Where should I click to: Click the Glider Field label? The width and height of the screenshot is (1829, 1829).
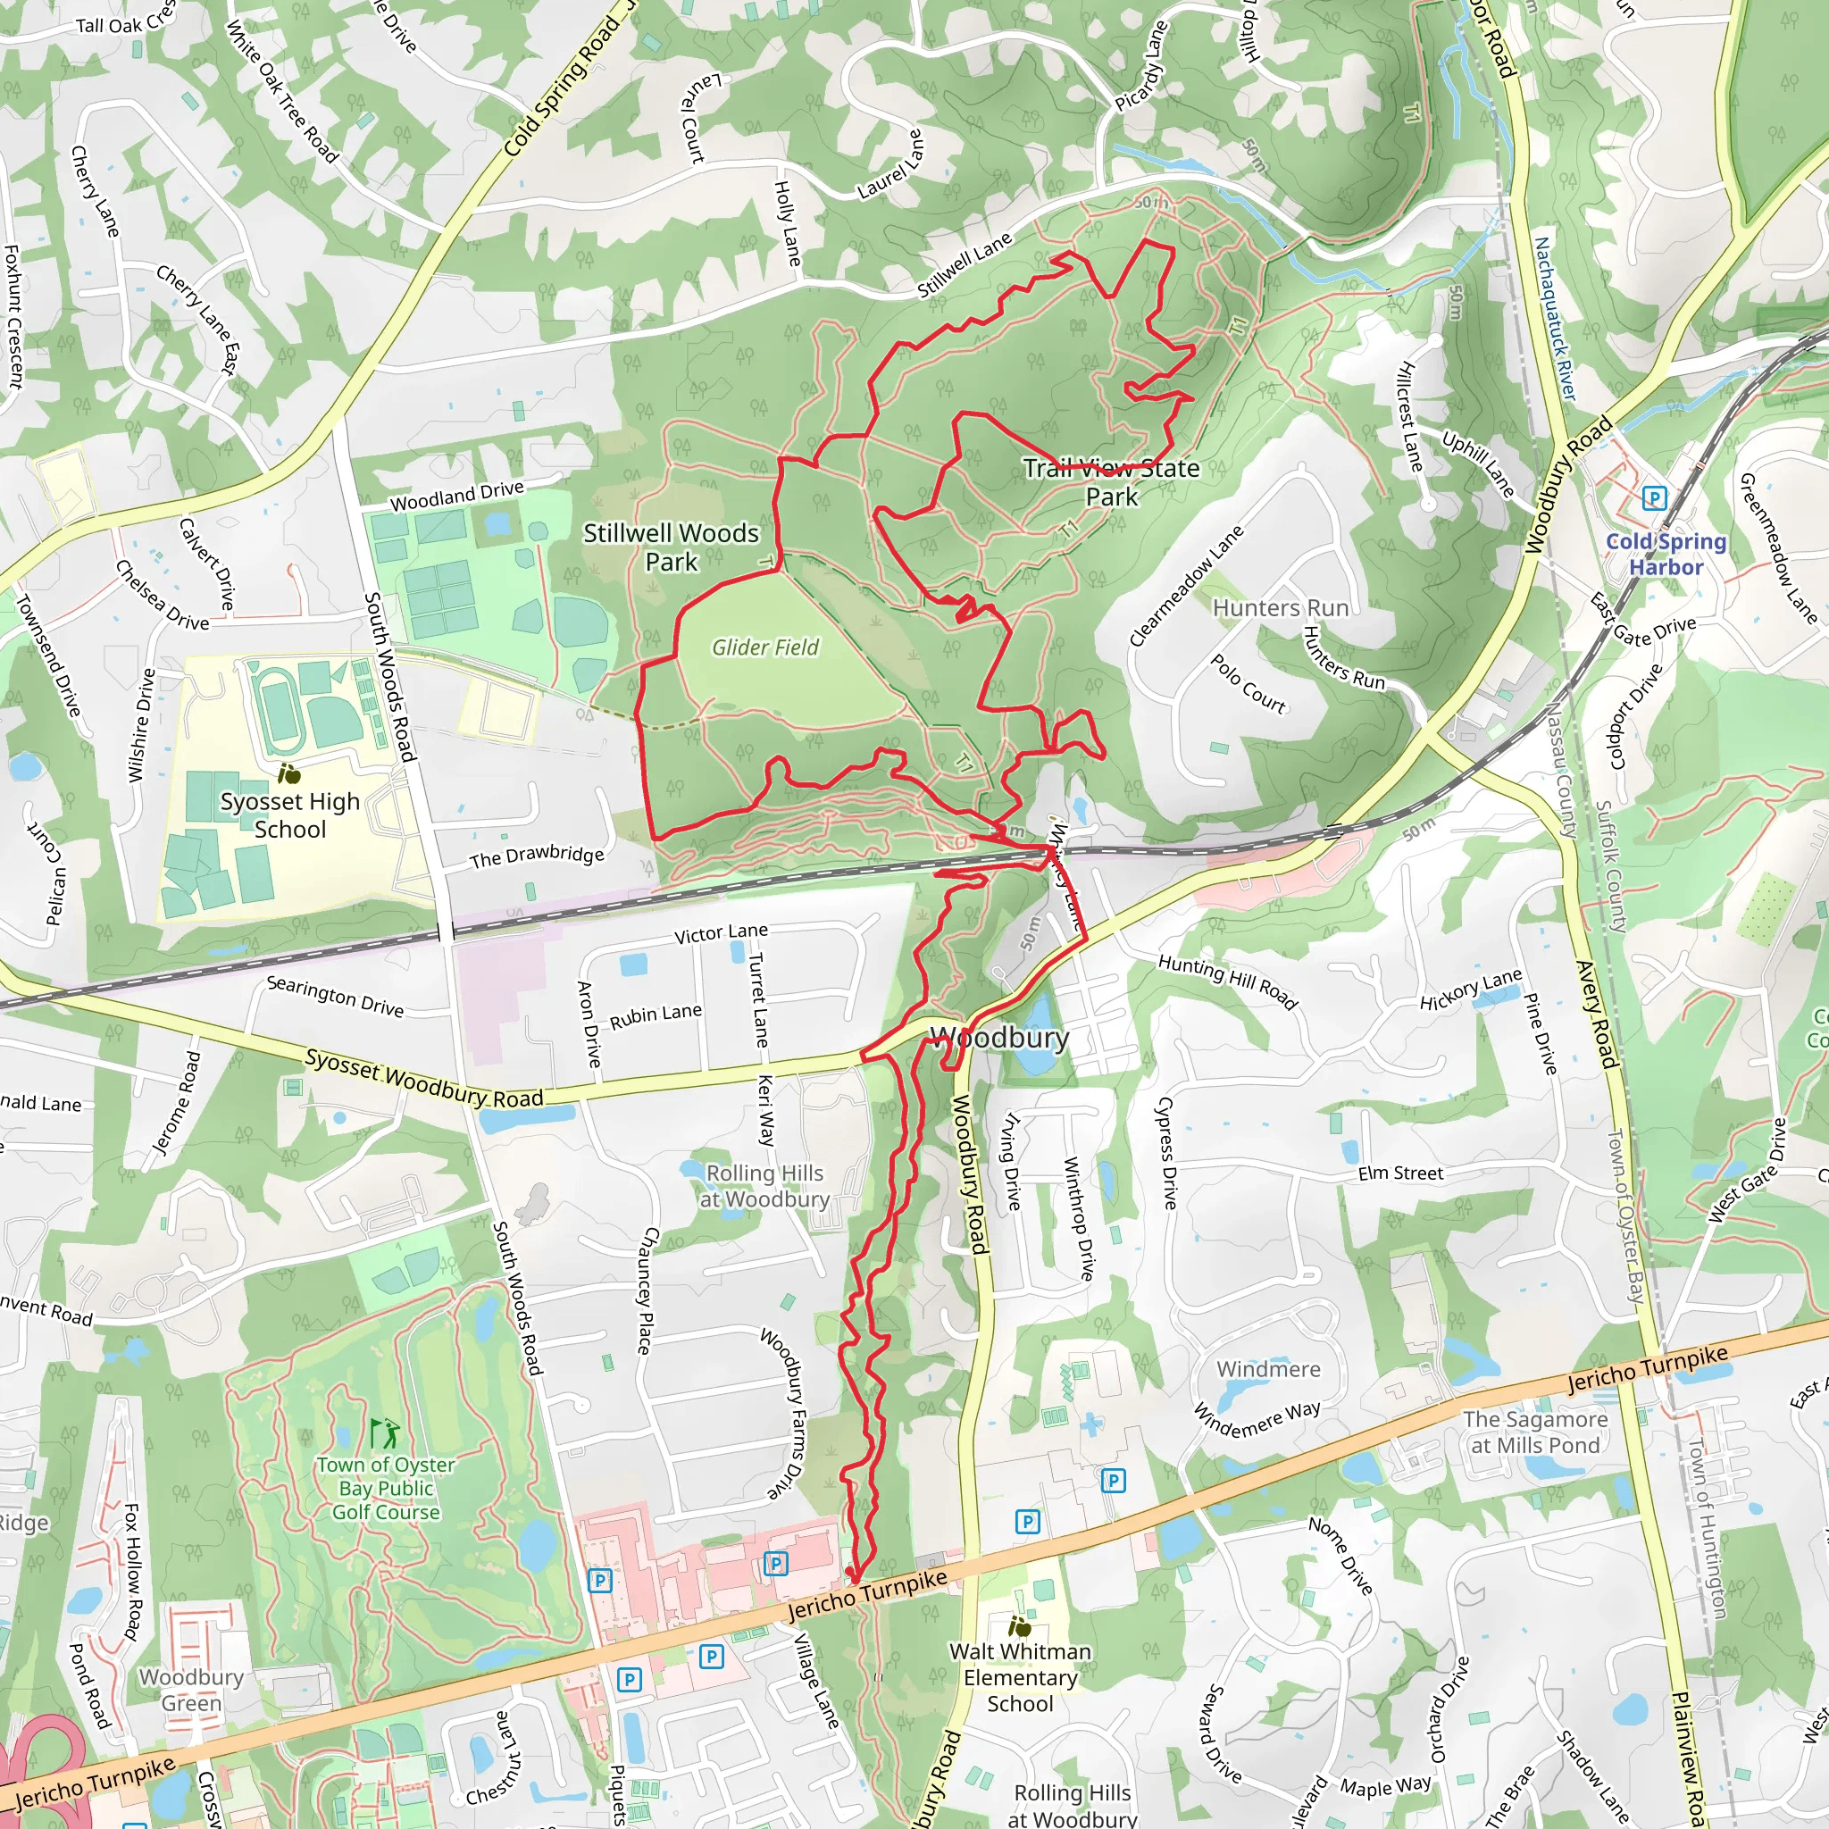(765, 647)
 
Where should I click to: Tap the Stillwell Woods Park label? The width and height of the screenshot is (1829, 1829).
(671, 547)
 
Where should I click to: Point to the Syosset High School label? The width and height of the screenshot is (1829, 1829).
(289, 815)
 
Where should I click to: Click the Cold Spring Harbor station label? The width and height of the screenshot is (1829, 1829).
(1666, 555)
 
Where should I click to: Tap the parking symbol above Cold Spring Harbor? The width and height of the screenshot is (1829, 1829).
(1654, 498)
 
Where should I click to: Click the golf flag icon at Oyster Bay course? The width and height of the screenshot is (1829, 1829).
(385, 1433)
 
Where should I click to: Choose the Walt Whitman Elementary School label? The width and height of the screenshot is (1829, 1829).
(1020, 1677)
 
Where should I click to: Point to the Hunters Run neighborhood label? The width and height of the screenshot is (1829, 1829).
(1280, 608)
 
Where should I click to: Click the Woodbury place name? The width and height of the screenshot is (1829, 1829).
(999, 1038)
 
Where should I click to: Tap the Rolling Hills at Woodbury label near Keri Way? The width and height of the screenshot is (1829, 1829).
(765, 1186)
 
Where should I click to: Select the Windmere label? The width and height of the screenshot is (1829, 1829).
(1267, 1369)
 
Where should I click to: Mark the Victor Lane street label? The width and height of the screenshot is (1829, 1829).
(721, 933)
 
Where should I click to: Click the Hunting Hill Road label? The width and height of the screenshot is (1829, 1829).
(1227, 981)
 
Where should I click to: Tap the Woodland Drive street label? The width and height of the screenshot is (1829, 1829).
(456, 495)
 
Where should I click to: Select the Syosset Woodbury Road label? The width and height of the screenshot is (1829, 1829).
(423, 1078)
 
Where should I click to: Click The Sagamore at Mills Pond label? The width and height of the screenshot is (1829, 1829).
(1534, 1432)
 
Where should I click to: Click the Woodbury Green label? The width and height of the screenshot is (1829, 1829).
(191, 1690)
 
